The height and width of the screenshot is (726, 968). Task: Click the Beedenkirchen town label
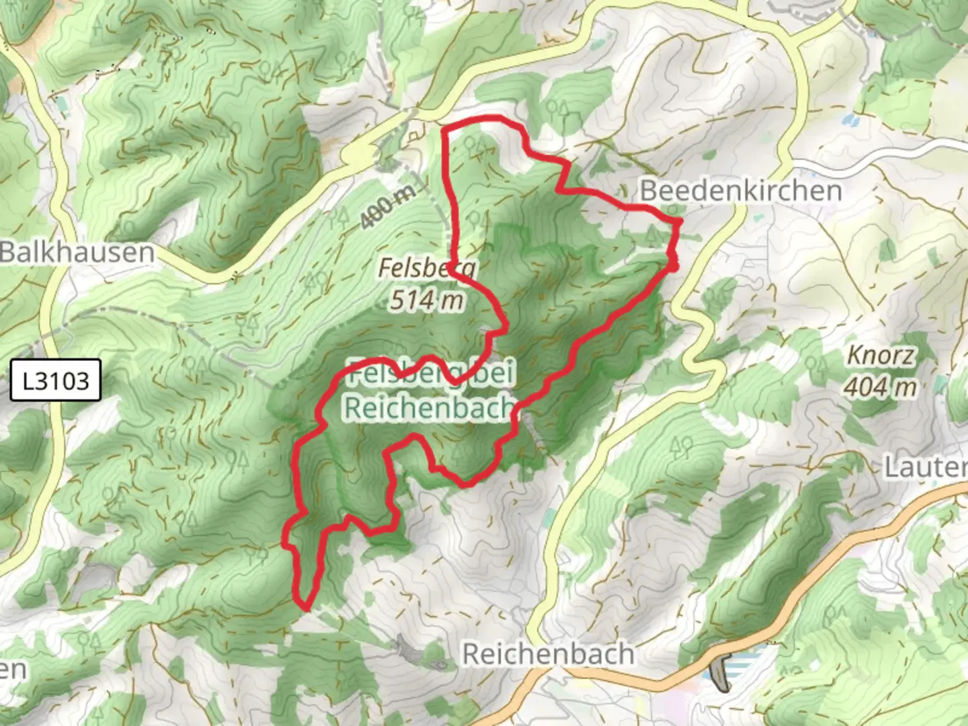pyautogui.click(x=741, y=191)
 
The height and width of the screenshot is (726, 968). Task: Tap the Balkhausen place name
pyautogui.click(x=77, y=253)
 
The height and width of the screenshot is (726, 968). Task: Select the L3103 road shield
pyautogui.click(x=56, y=381)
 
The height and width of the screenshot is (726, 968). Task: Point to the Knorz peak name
pyautogui.click(x=880, y=355)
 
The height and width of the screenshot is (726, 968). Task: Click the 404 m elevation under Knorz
pyautogui.click(x=880, y=387)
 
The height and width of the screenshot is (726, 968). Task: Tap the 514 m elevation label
pyautogui.click(x=427, y=300)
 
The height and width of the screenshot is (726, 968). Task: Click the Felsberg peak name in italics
pyautogui.click(x=427, y=268)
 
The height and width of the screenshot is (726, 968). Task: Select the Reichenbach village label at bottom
pyautogui.click(x=548, y=653)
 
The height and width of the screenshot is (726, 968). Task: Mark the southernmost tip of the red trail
pyautogui.click(x=307, y=608)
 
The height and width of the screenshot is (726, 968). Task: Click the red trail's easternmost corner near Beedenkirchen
pyautogui.click(x=680, y=221)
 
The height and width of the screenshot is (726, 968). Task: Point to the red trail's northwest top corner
pyautogui.click(x=444, y=128)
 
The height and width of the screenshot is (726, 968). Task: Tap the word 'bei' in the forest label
pyautogui.click(x=492, y=372)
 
